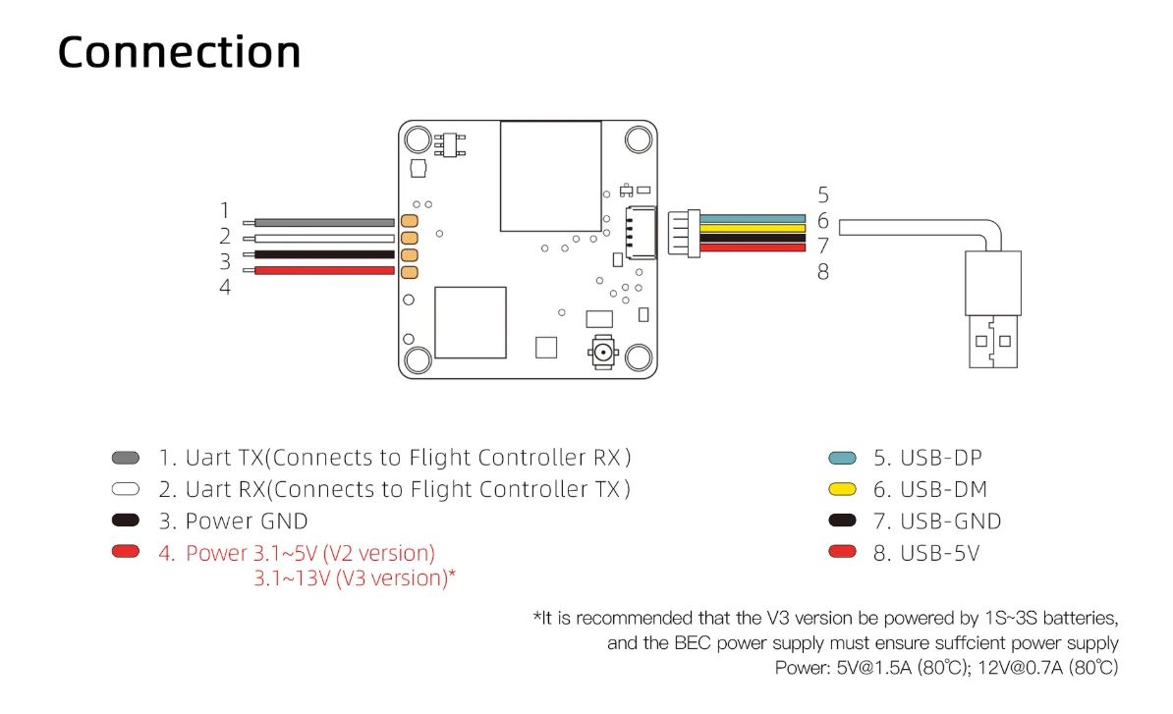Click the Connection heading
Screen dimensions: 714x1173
pos(179,52)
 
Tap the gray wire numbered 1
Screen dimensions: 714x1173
pos(324,223)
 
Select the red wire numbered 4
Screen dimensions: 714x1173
pos(324,270)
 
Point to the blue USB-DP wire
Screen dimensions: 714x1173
pos(753,219)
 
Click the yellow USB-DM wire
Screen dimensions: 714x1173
pos(753,228)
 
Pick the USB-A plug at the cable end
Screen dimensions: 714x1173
pos(993,309)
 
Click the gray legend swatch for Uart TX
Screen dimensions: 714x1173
pos(125,458)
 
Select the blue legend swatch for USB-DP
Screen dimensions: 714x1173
pos(842,458)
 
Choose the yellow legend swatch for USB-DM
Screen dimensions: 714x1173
pos(842,489)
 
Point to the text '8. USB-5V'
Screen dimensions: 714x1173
pos(926,553)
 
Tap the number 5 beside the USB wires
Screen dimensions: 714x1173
pos(823,195)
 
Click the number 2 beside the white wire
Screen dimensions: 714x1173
pos(225,237)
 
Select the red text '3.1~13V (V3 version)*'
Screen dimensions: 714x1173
pos(355,578)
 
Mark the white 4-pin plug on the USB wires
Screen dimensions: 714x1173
pos(684,233)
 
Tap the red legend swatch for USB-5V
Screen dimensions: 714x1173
pos(842,553)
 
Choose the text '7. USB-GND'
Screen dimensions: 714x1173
pos(937,522)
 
